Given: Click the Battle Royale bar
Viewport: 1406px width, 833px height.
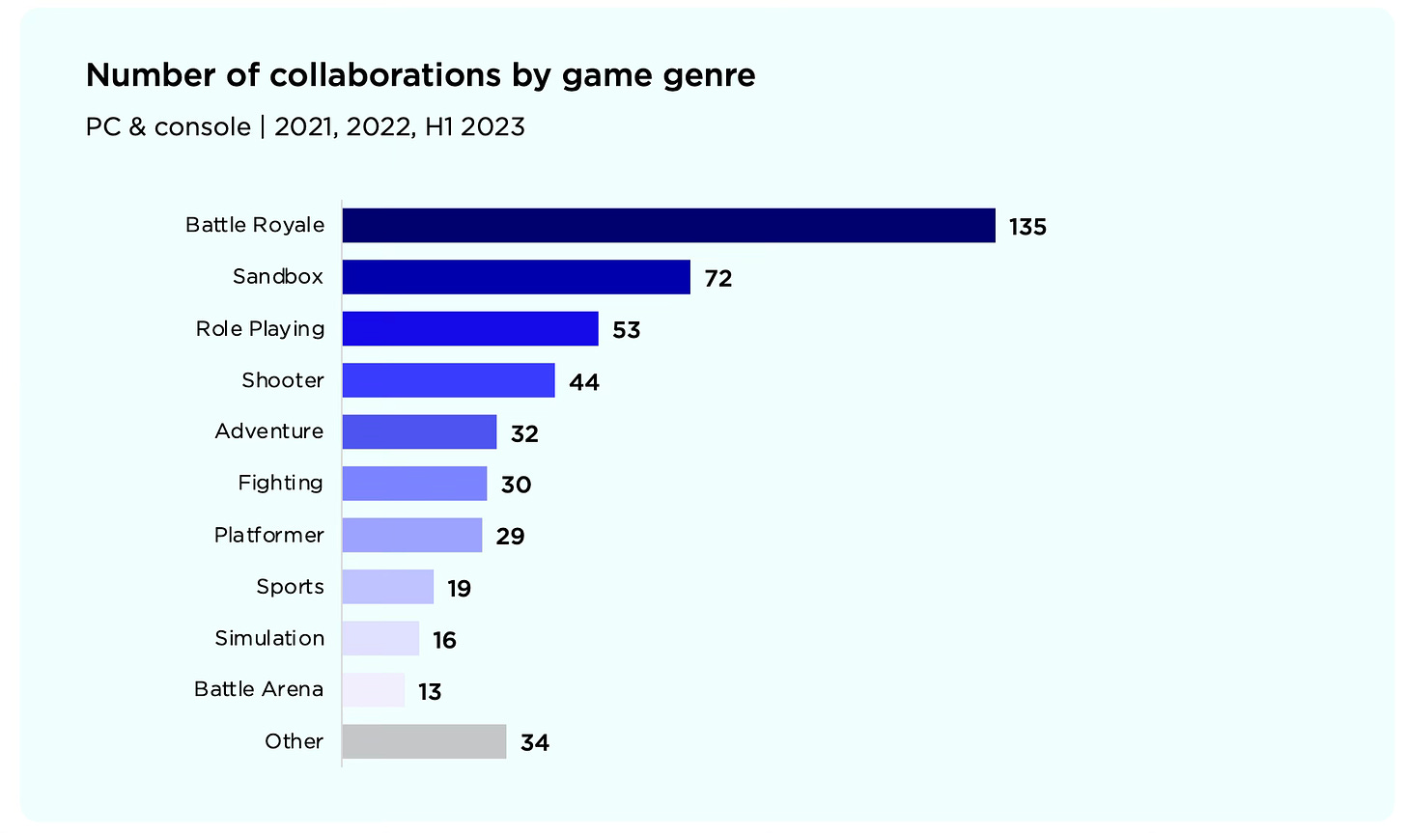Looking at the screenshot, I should (668, 226).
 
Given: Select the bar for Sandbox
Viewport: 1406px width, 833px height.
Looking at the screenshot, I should (516, 277).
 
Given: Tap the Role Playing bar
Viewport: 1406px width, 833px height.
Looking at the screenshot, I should (470, 329).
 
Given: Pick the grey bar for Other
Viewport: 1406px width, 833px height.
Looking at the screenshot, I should (424, 741).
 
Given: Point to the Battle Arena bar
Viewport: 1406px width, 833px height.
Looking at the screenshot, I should (374, 690).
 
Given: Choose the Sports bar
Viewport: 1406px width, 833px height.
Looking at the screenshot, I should (387, 587).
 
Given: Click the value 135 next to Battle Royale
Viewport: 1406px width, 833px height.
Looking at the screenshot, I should (1027, 227).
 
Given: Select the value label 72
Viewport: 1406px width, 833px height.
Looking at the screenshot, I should (718, 279).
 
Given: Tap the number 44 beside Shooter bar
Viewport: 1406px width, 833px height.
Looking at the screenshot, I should (584, 382).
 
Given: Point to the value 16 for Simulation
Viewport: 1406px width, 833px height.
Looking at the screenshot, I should (444, 640).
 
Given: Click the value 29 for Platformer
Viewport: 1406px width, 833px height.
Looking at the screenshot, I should (510, 537).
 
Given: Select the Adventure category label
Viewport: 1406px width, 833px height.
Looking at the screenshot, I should (268, 431).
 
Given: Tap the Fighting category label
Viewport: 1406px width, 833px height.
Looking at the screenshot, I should (280, 483).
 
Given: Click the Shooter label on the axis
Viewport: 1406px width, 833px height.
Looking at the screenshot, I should (282, 380).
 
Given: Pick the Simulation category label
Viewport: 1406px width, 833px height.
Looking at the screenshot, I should (268, 638).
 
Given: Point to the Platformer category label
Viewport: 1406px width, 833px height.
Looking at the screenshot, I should (268, 535).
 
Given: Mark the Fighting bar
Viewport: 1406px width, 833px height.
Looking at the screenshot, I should (414, 484).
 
